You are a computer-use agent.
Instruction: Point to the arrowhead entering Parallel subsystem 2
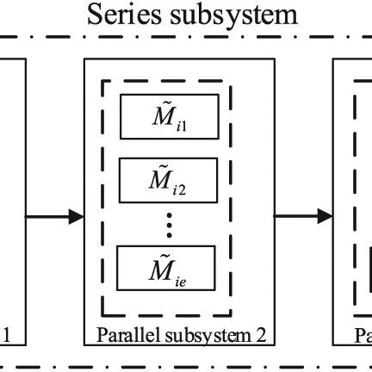click(77, 216)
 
